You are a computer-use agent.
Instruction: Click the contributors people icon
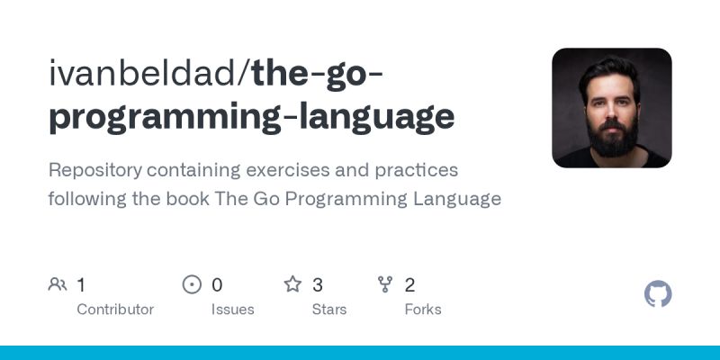[58, 285]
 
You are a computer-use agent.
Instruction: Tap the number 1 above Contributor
[81, 285]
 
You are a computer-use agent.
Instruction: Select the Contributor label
[115, 310]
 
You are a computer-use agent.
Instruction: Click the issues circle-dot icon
[192, 285]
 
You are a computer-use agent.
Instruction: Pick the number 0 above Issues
[217, 285]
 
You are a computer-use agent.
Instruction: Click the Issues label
[233, 310]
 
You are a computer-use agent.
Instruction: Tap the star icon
[292, 285]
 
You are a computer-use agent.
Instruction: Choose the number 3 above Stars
[318, 285]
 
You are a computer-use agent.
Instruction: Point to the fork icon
[386, 285]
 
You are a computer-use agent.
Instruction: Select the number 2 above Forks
[409, 285]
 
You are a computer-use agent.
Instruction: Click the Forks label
[423, 310]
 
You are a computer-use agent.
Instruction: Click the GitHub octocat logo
[658, 294]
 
